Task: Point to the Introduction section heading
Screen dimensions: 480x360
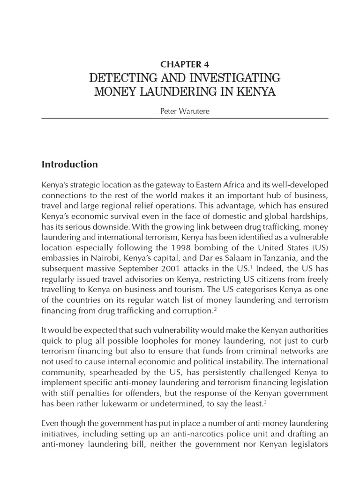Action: click(x=70, y=164)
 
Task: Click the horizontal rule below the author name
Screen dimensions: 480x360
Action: click(x=185, y=119)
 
